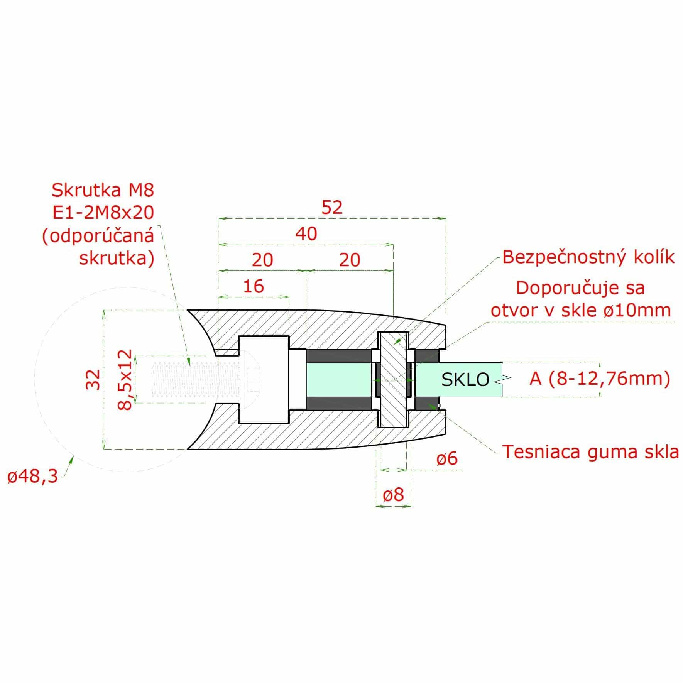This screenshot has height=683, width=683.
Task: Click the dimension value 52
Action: [x=332, y=208]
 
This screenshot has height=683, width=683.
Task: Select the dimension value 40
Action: [x=306, y=234]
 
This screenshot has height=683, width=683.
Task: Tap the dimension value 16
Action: [x=254, y=286]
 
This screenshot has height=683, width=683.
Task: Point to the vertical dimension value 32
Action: [x=93, y=380]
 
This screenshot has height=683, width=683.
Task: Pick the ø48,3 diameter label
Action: [x=33, y=477]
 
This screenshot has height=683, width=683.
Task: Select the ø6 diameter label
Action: [x=447, y=459]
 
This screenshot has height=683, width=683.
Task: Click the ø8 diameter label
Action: [x=394, y=494]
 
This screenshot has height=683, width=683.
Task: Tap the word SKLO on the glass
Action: [x=465, y=380]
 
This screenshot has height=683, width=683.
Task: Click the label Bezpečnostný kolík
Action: [x=588, y=257]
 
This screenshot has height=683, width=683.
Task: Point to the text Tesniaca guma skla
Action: [x=590, y=451]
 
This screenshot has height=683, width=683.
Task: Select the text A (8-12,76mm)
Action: [x=600, y=379]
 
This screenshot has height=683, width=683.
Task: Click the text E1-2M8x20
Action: [x=103, y=212]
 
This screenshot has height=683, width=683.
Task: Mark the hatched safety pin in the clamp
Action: [x=394, y=380]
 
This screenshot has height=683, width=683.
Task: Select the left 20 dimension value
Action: [x=262, y=260]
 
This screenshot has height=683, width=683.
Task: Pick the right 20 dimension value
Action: [x=350, y=260]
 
